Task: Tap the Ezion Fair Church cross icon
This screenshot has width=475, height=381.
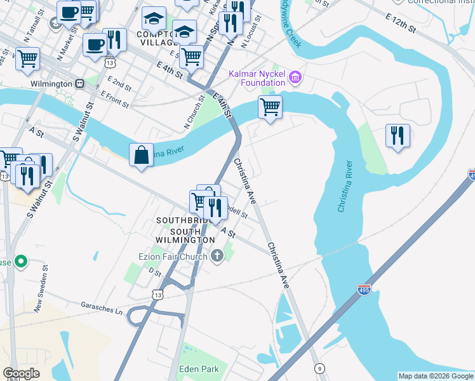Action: [217, 256]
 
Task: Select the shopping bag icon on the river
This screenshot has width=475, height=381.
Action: [141, 156]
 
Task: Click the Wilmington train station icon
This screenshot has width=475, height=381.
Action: [80, 84]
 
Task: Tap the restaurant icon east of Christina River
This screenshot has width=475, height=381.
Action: [398, 136]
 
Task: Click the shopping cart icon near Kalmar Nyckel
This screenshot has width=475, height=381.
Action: [271, 107]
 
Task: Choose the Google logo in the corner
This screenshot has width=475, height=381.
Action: [21, 373]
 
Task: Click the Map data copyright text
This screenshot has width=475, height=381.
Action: [436, 376]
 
